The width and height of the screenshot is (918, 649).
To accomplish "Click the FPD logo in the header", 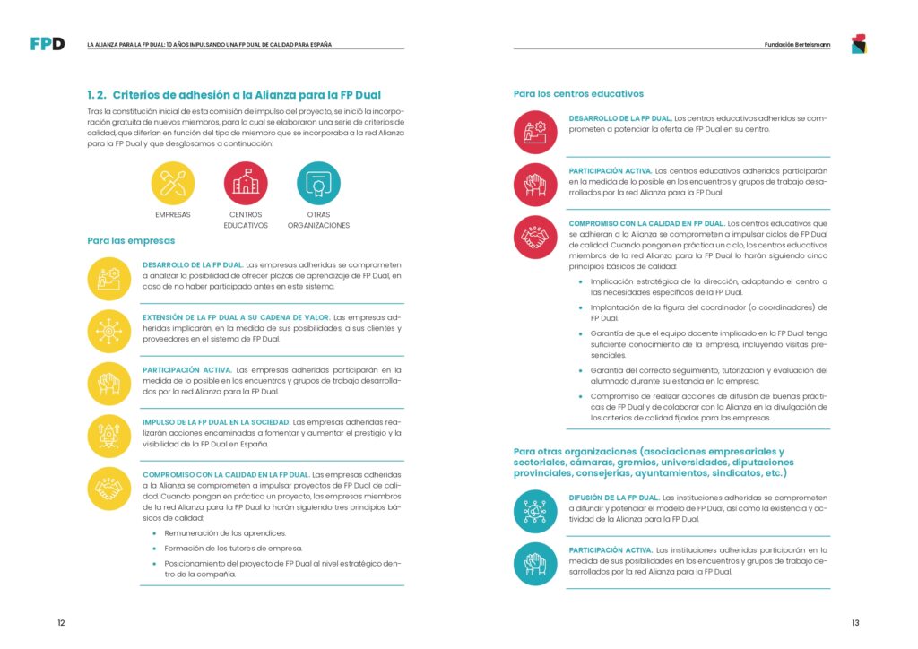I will point(48,44).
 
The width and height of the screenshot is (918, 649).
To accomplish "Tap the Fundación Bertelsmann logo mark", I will point(858,43).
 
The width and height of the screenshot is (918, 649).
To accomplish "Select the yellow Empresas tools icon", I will point(173,183).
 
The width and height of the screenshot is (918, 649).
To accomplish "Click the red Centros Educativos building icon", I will point(246,183).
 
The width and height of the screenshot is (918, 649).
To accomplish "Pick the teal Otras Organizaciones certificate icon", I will point(318,183).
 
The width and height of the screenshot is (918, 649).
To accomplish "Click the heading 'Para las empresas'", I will point(131,240).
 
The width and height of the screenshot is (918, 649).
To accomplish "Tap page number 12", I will point(61,622).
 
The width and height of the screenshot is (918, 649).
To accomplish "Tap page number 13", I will point(856,622).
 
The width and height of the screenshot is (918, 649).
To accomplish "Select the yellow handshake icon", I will point(109,489).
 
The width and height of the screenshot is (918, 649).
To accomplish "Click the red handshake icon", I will point(535,238).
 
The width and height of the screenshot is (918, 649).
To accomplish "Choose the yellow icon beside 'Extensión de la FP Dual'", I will point(109,331).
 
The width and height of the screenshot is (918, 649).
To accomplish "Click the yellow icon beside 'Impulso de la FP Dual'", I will point(109,436).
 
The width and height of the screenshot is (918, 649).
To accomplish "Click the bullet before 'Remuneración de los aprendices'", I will point(154,533).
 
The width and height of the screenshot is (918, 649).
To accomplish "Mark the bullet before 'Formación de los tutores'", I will point(154,548).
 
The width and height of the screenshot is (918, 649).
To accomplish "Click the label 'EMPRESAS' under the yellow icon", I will point(173,215).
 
